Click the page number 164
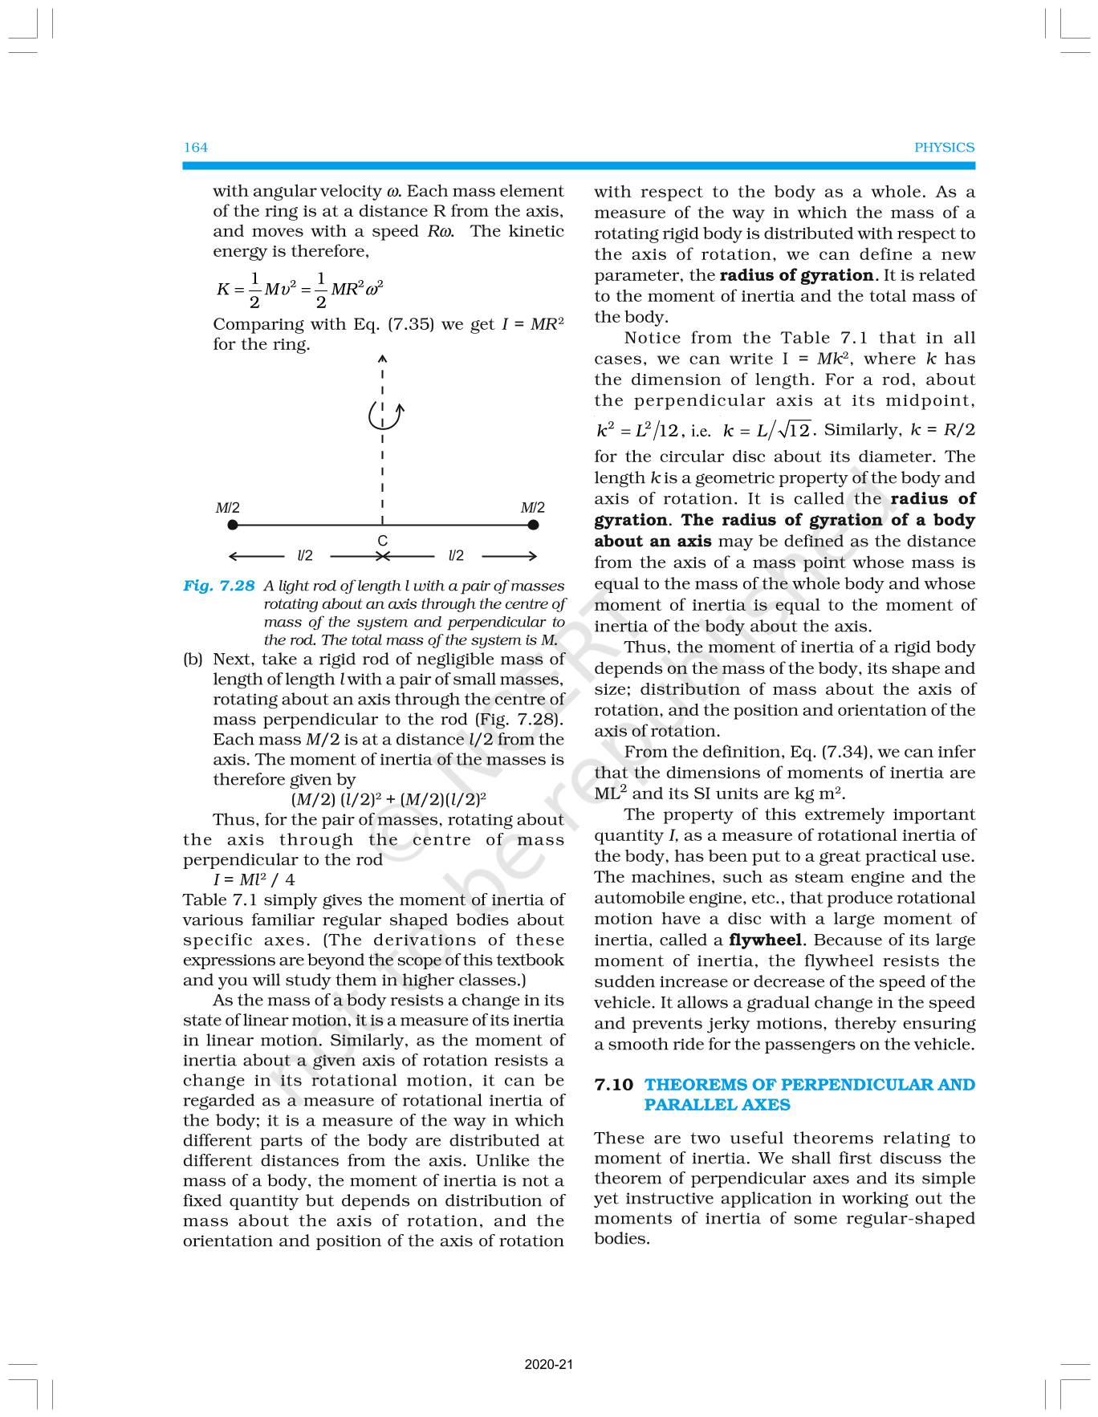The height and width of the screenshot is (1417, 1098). (x=196, y=147)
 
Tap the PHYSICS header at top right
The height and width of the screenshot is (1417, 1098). (x=944, y=148)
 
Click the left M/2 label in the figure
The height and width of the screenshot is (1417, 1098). (x=227, y=508)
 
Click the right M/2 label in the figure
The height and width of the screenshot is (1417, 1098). (x=532, y=508)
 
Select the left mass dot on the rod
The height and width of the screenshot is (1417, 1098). (x=233, y=526)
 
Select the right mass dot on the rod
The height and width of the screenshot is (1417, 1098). (x=533, y=526)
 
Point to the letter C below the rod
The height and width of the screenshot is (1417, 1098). (x=383, y=541)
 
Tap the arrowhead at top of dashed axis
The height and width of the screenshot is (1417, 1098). (x=383, y=358)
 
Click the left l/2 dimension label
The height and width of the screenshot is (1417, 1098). (x=305, y=555)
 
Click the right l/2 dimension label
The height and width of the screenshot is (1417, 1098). (x=456, y=555)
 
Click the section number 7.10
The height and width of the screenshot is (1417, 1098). (x=613, y=1085)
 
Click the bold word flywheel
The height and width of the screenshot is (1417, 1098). (x=765, y=940)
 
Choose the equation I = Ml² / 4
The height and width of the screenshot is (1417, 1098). (x=254, y=880)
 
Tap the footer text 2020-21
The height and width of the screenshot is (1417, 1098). (x=549, y=1365)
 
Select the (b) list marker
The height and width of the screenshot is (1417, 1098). (x=193, y=660)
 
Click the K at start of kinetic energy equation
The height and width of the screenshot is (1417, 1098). (x=223, y=290)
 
